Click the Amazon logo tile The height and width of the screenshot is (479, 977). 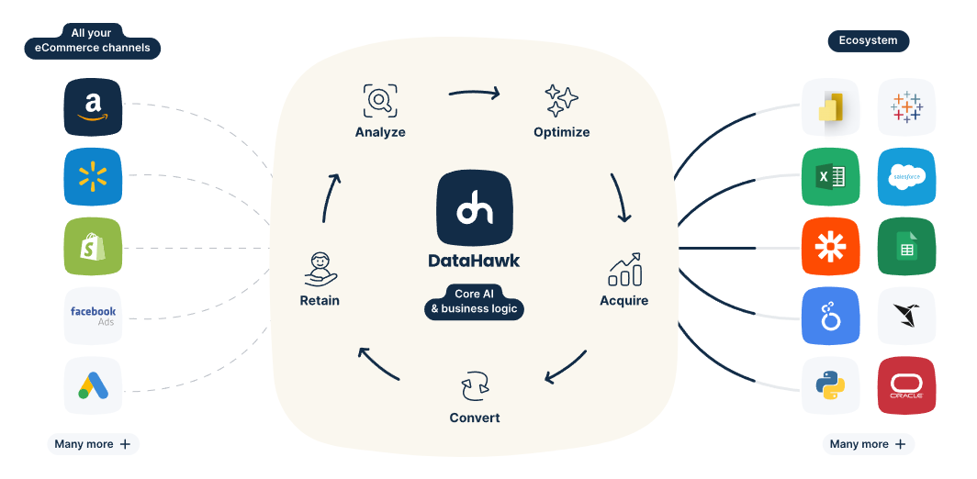point(93,106)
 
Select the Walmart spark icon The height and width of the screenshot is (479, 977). point(93,176)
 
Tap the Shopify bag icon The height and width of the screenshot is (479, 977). point(93,247)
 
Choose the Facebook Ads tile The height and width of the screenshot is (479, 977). point(93,316)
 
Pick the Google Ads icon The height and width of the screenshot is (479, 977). point(93,385)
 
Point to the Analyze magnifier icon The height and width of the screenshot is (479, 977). point(380,100)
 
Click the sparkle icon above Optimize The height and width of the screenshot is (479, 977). point(561,100)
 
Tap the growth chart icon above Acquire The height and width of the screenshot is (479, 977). point(624,269)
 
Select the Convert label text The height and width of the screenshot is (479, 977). point(474,418)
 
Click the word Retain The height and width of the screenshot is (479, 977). point(320,300)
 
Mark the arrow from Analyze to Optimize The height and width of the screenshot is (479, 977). point(474,94)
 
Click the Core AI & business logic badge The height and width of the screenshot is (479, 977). point(474,302)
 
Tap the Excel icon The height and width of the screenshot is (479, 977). point(831,177)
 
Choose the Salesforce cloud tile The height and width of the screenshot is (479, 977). point(906,177)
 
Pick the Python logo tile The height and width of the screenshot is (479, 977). point(831,385)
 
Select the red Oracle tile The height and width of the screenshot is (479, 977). point(906,385)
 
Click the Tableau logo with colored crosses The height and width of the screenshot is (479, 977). point(906,106)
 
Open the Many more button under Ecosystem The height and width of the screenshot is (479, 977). point(868,444)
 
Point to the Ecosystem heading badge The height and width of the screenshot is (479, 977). point(868,41)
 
